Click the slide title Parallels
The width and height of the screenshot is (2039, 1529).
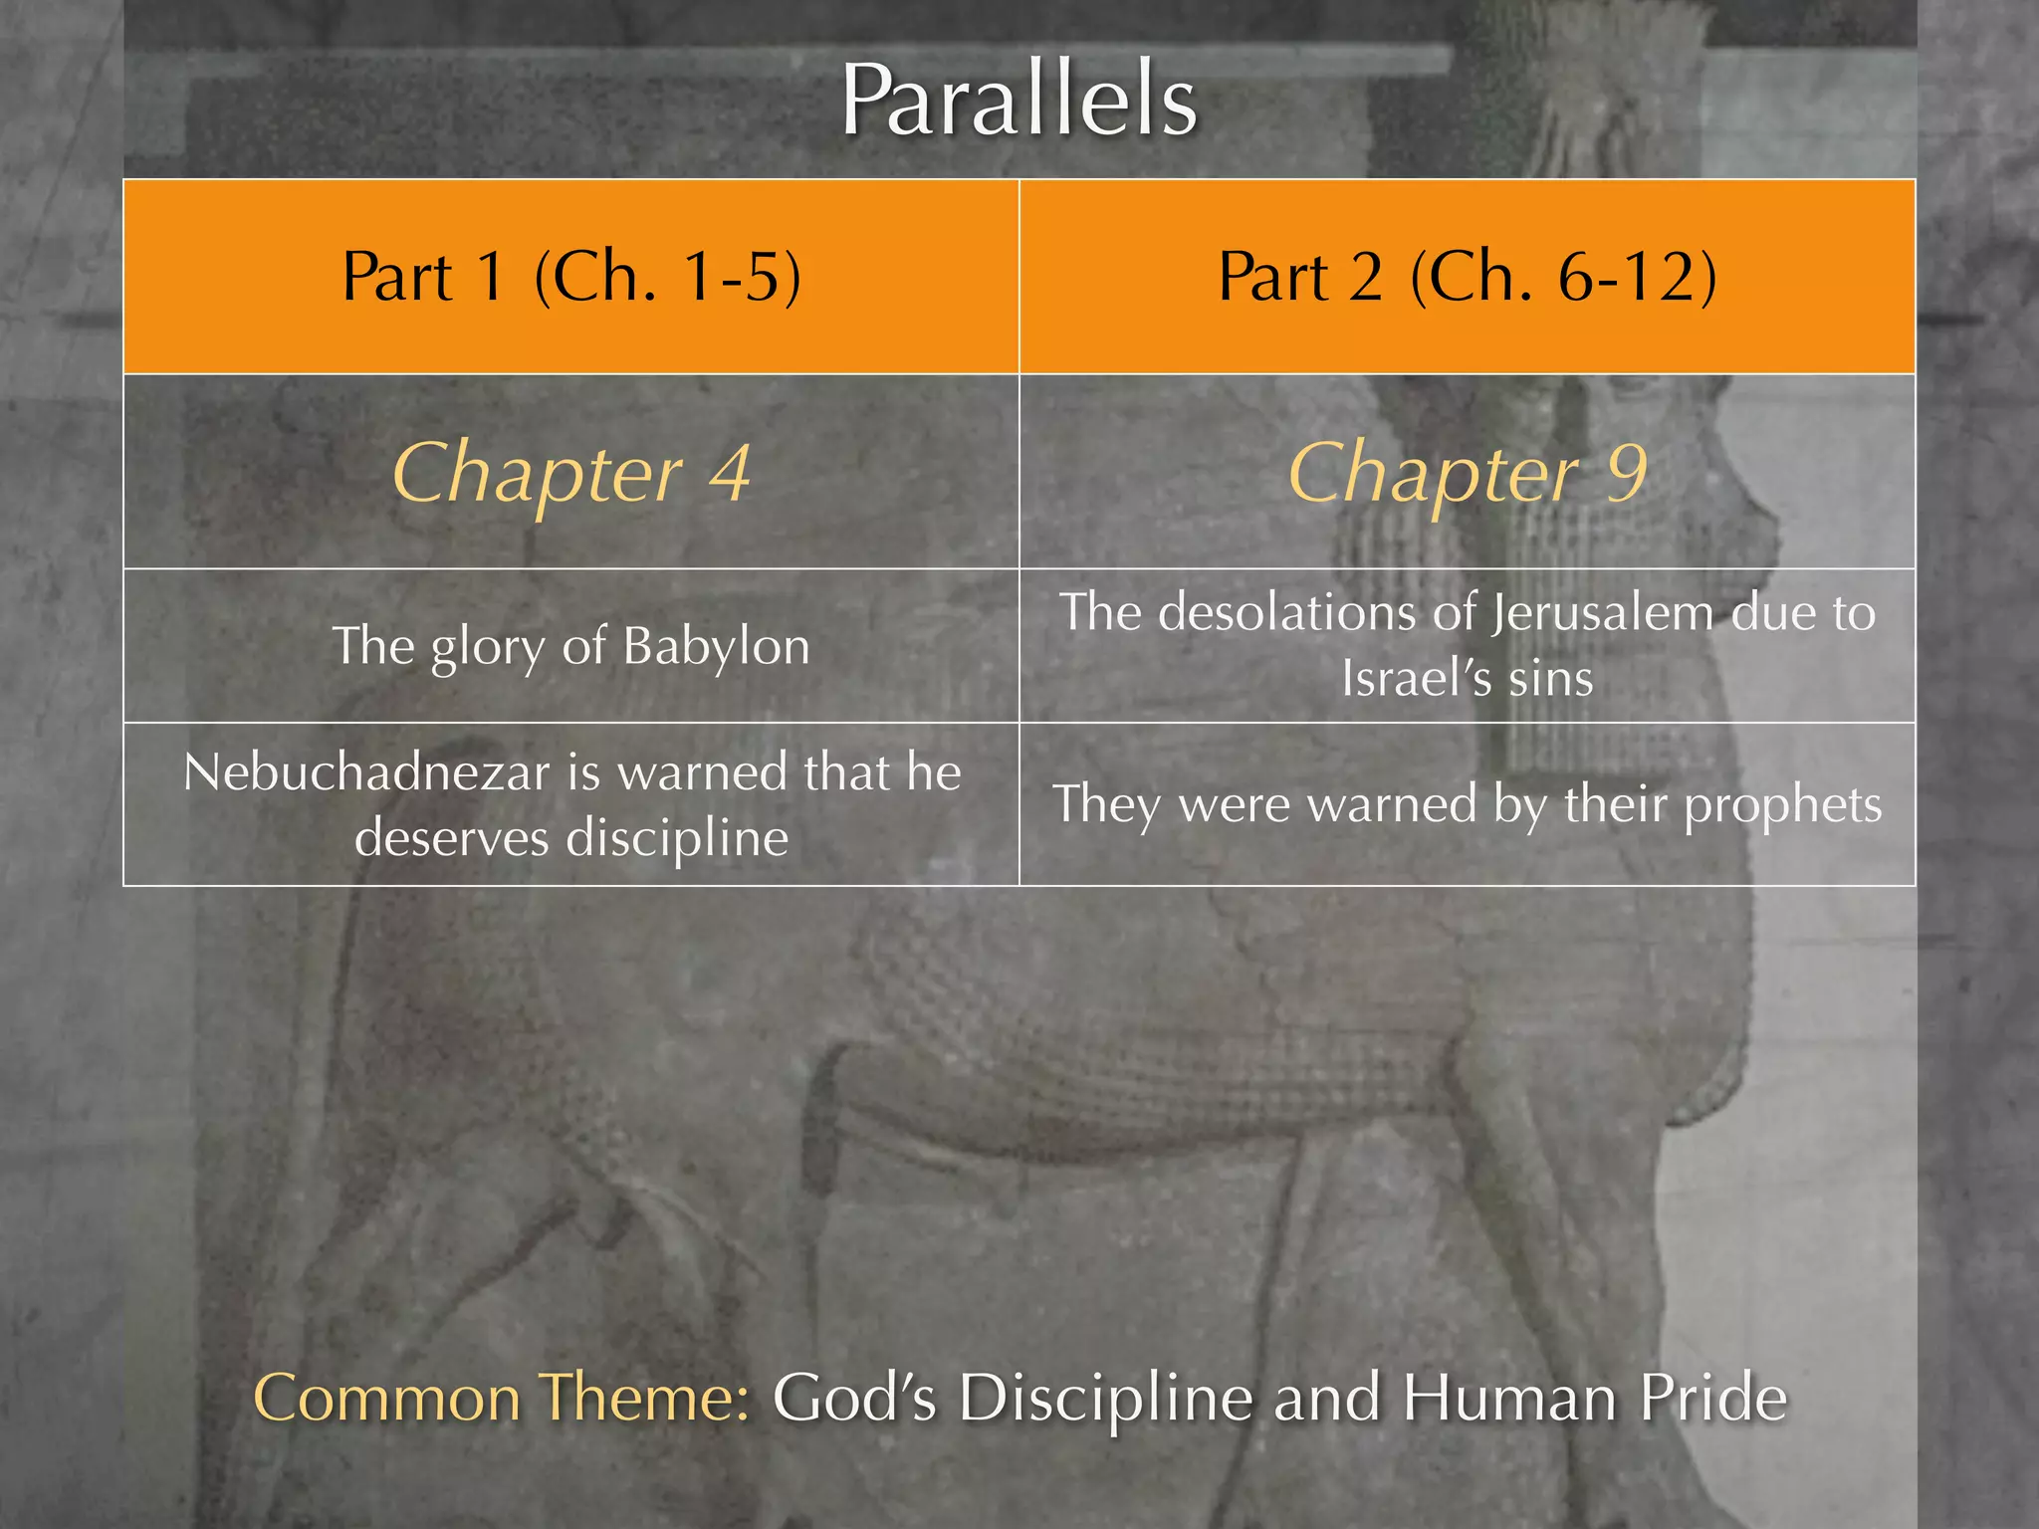(1019, 102)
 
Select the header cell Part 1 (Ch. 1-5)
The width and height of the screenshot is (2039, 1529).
(570, 276)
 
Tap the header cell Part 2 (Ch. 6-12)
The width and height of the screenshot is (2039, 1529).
(1467, 276)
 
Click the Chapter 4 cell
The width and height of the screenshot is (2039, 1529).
(570, 473)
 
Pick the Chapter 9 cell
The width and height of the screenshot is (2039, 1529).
(1467, 473)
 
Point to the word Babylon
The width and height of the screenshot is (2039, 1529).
(716, 647)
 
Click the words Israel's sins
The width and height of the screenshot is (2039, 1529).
(1467, 679)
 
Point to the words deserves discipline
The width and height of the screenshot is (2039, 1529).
(571, 838)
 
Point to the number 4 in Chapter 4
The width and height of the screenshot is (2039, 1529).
(730, 473)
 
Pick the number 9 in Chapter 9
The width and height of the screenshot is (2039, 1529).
(1626, 473)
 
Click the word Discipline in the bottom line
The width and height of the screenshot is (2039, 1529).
(1105, 1398)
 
